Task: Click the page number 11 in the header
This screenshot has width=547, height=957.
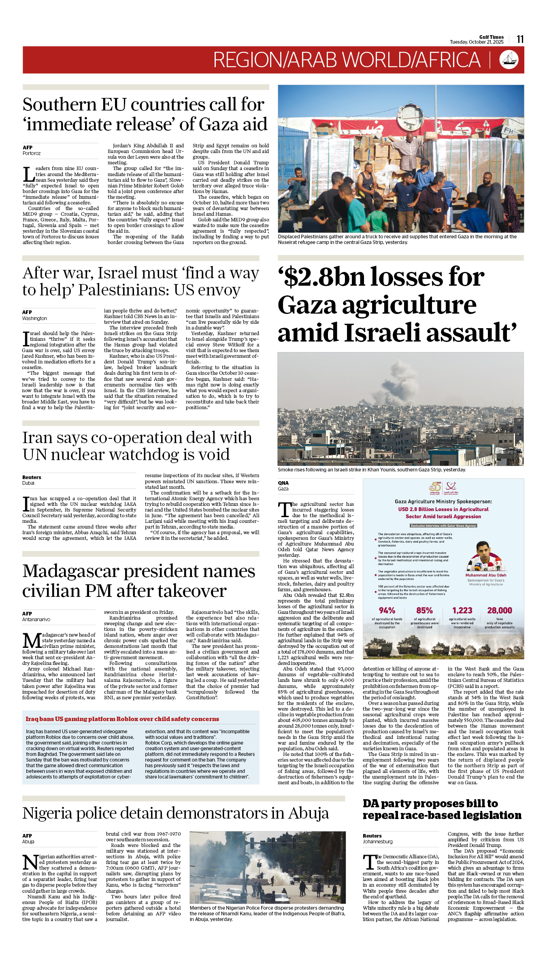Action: [x=520, y=39]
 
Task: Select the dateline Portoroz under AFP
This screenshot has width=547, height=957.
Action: [x=32, y=153]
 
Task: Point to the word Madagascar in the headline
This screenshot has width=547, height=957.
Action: [x=71, y=571]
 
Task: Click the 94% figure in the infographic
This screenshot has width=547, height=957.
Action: [x=387, y=611]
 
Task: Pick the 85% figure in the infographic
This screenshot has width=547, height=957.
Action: [x=424, y=611]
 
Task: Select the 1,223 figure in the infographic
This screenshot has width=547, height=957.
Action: [x=462, y=611]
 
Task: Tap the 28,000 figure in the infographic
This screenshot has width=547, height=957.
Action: [x=500, y=611]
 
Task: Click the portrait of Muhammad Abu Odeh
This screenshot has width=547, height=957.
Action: [x=485, y=557]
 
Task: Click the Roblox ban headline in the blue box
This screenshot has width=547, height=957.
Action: [x=122, y=719]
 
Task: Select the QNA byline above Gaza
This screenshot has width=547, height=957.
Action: [x=283, y=483]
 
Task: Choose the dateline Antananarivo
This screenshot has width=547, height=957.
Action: [x=36, y=620]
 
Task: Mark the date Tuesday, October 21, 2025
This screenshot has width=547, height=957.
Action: [x=477, y=42]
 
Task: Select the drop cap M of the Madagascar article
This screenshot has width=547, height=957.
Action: [x=32, y=640]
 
